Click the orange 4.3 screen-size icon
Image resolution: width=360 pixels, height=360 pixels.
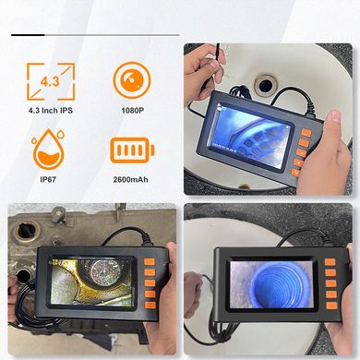click(x=51, y=81)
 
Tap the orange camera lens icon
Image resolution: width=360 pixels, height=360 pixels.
click(x=132, y=80)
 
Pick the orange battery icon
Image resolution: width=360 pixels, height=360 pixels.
click(x=132, y=150)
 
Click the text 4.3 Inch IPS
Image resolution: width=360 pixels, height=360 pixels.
click(x=51, y=110)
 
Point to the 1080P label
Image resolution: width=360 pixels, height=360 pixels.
click(x=132, y=110)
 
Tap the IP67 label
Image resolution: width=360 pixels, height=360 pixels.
click(x=48, y=179)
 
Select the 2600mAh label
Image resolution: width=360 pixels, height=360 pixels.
click(x=130, y=179)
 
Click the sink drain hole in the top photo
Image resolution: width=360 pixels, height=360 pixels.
click(x=266, y=84)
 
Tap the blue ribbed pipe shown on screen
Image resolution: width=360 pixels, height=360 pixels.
click(x=271, y=284)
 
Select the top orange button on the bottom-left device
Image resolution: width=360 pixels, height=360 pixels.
click(x=150, y=262)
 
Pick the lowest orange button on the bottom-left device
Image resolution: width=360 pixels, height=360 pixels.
click(x=150, y=305)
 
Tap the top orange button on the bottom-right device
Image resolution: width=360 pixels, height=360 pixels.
click(x=330, y=262)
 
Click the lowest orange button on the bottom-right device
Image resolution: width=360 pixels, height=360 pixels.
click(x=331, y=306)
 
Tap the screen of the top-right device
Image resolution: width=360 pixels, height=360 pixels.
click(x=251, y=136)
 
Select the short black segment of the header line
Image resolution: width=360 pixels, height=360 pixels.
click(x=28, y=35)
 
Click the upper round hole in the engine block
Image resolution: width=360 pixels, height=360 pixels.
click(x=25, y=230)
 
